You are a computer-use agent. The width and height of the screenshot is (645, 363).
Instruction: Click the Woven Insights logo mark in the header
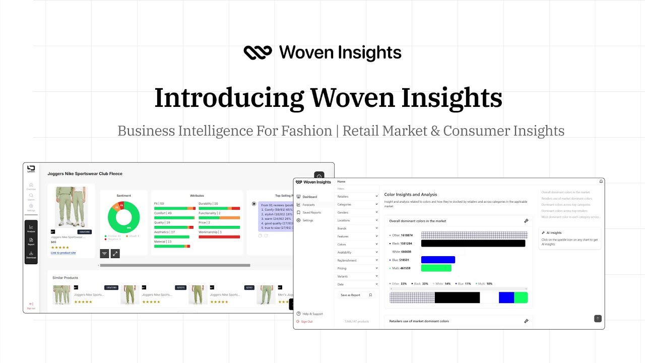(257, 52)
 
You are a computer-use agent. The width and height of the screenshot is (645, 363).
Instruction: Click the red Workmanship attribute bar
(219, 236)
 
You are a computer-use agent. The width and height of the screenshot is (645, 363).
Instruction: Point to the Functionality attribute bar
(219, 218)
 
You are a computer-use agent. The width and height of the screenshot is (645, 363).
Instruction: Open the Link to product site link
(63, 253)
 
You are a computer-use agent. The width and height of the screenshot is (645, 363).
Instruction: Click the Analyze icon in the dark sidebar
(31, 228)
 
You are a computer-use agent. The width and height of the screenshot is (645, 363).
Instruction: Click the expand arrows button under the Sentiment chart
(115, 254)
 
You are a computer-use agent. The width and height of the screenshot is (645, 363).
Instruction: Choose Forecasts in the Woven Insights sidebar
(308, 205)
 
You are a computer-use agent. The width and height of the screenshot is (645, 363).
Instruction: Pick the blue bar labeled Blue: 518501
(438, 260)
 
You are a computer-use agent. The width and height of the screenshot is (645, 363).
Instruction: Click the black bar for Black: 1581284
(473, 244)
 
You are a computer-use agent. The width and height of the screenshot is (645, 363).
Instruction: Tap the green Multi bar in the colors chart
(436, 268)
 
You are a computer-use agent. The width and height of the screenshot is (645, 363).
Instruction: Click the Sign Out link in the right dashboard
(306, 321)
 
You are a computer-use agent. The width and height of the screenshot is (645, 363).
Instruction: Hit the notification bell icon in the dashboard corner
(601, 181)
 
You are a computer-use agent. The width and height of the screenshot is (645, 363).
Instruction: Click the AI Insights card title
(554, 233)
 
